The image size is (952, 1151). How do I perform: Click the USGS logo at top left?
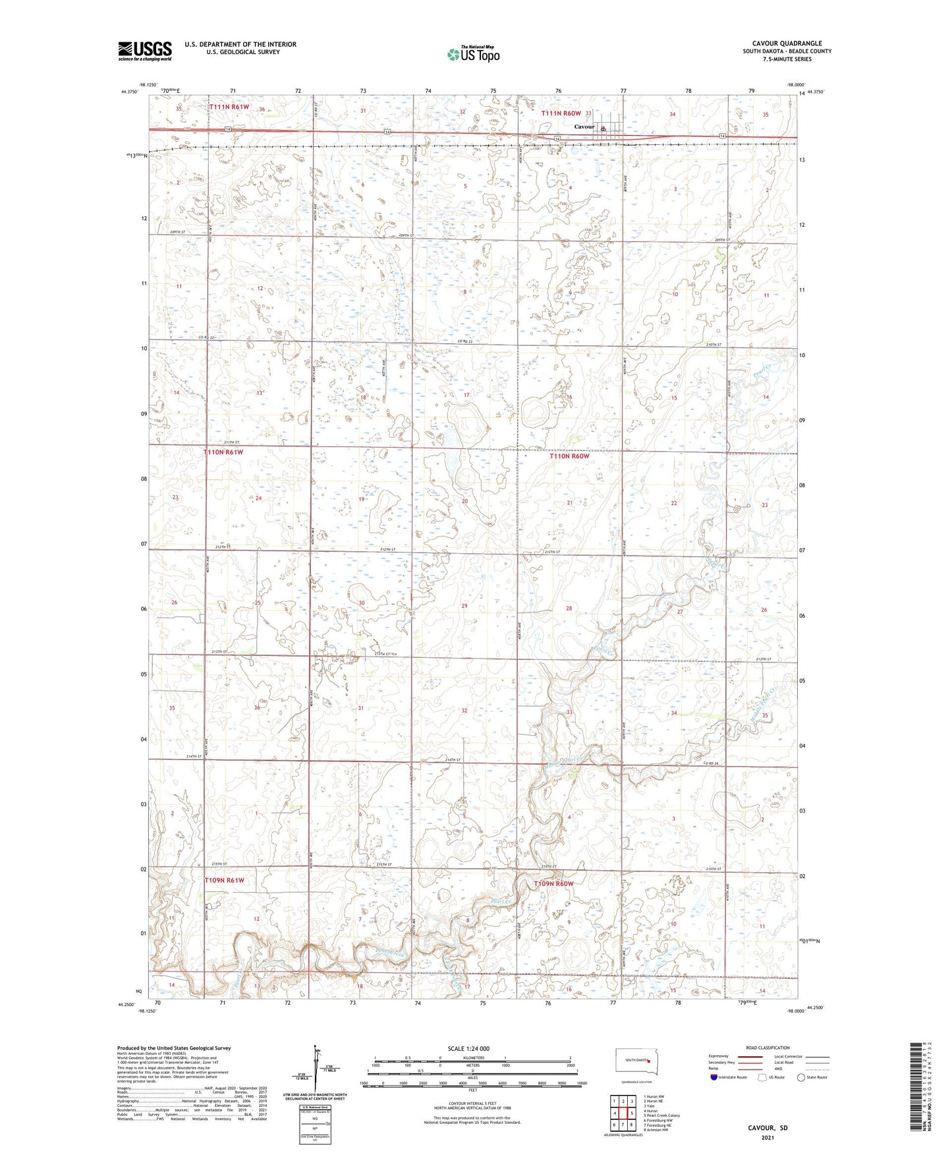(145, 51)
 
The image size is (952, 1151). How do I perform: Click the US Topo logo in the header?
(472, 55)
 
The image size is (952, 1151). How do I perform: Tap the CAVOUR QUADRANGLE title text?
(787, 44)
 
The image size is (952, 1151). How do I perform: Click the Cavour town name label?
(584, 127)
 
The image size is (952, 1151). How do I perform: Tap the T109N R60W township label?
(553, 883)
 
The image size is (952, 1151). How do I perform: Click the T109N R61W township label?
(224, 880)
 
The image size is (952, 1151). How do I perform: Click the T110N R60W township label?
(569, 456)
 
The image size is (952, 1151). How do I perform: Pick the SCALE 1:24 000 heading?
(468, 1048)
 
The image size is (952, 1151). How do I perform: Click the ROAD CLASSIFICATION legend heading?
(768, 1048)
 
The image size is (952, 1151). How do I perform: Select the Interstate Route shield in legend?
(714, 1077)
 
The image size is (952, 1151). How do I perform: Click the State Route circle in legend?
(801, 1077)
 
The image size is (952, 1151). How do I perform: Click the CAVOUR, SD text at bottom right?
(768, 1128)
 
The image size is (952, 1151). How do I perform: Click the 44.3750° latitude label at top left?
(130, 92)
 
